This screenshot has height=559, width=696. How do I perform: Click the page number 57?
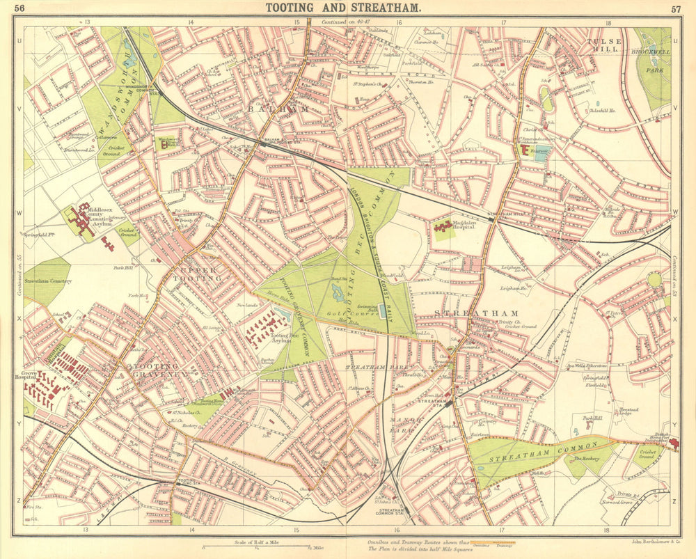(675, 8)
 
